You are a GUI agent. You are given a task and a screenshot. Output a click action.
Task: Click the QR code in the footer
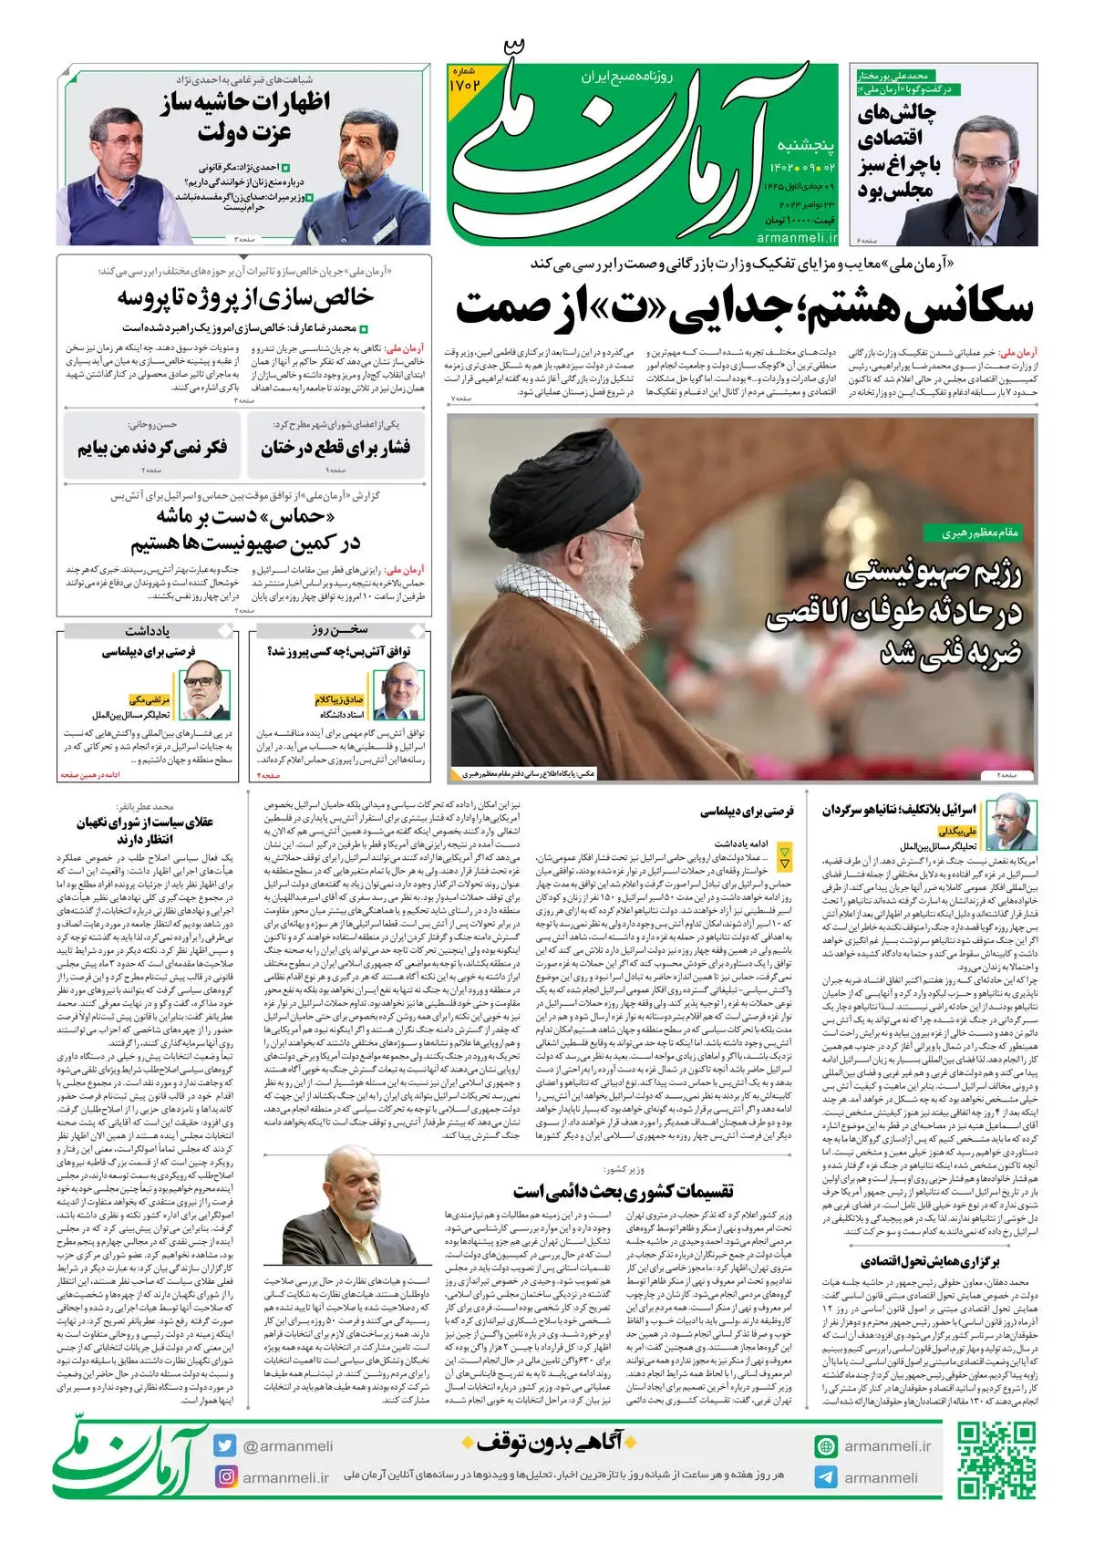(996, 1462)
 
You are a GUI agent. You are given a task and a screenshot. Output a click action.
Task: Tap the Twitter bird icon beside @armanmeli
(225, 1445)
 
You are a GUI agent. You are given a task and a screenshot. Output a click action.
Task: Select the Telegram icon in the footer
(826, 1477)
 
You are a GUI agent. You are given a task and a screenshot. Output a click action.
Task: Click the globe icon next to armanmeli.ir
(826, 1446)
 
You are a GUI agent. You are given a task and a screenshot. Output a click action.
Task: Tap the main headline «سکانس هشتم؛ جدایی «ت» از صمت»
(744, 308)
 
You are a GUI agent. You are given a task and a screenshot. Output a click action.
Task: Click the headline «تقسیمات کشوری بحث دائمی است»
(623, 1191)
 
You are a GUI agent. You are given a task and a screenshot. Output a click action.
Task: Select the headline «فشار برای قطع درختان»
(335, 448)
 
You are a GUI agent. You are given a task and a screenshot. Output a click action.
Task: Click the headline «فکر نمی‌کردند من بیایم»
(152, 448)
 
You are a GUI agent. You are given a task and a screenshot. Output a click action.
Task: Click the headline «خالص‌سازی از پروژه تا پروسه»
(245, 298)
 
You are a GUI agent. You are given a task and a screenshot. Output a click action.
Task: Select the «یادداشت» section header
(148, 630)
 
